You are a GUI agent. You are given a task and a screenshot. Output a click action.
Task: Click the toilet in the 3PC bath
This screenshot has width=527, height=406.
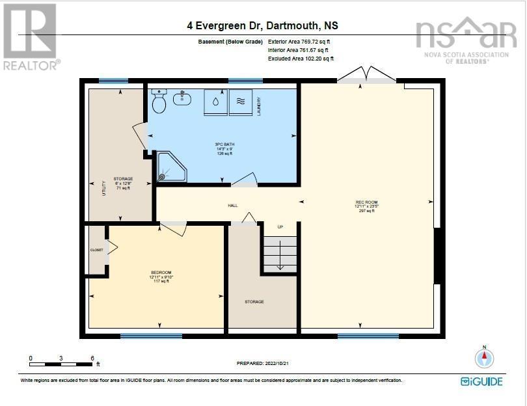tap(159, 101)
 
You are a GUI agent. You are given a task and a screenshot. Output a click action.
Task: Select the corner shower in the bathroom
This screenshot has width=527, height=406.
tap(170, 167)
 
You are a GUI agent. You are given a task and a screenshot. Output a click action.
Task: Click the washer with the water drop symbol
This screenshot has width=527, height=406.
tap(215, 101)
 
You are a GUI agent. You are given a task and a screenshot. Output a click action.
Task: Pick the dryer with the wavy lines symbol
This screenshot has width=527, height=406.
tap(239, 101)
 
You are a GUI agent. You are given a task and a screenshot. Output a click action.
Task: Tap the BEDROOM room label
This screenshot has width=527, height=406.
tap(161, 272)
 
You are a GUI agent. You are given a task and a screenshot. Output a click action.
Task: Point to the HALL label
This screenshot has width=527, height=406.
tap(232, 206)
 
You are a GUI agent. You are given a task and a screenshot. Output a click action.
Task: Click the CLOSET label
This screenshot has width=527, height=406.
tap(96, 250)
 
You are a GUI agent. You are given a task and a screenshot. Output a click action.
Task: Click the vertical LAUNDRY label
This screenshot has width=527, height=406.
tap(259, 106)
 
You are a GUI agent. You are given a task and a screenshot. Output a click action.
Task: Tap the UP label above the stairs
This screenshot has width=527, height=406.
tap(280, 227)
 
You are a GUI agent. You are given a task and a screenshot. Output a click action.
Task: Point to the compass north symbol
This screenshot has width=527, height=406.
tap(483, 358)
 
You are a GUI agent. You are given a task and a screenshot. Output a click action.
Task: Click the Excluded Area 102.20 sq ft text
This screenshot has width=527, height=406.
tap(301, 59)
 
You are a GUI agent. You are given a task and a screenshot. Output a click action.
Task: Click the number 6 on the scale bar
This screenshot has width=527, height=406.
tap(92, 359)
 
